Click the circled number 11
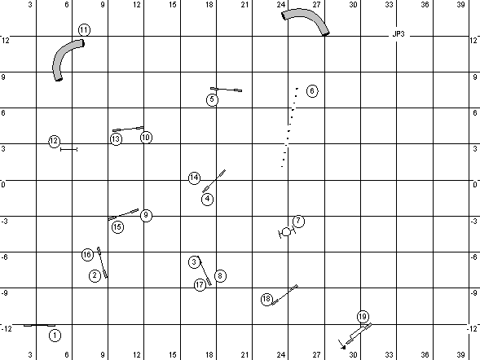(x=84, y=30)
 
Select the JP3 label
(x=399, y=34)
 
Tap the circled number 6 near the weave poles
(x=312, y=91)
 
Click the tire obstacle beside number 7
(x=287, y=232)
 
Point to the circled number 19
(x=363, y=317)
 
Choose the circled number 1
(x=55, y=336)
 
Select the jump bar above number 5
(x=227, y=90)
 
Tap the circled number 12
(x=54, y=141)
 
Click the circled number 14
(x=194, y=178)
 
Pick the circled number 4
(x=207, y=199)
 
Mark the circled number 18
(x=266, y=299)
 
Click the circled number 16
(x=87, y=254)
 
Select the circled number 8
(x=220, y=276)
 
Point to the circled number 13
(x=116, y=139)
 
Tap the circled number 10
(x=146, y=138)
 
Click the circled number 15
(x=117, y=227)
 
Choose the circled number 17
(x=200, y=285)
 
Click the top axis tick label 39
(x=460, y=4)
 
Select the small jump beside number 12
(x=69, y=149)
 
